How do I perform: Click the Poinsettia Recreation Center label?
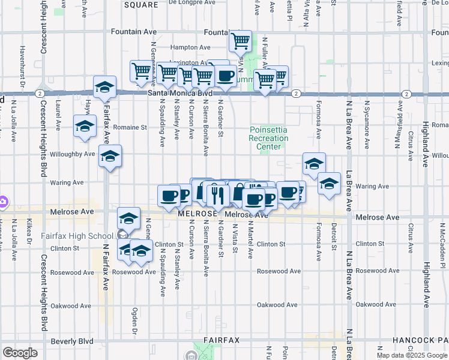click(268, 138)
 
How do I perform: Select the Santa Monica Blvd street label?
click(181, 94)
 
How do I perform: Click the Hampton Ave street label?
click(190, 47)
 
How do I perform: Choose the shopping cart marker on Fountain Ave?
click(240, 41)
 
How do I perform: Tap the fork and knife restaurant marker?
click(217, 194)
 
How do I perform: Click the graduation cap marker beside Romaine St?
click(85, 127)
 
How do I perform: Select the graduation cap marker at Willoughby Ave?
click(110, 157)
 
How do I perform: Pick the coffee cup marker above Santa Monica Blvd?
click(226, 76)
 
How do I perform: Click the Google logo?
click(20, 352)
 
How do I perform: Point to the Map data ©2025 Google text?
click(412, 355)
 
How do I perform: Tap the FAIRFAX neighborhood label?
click(221, 340)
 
